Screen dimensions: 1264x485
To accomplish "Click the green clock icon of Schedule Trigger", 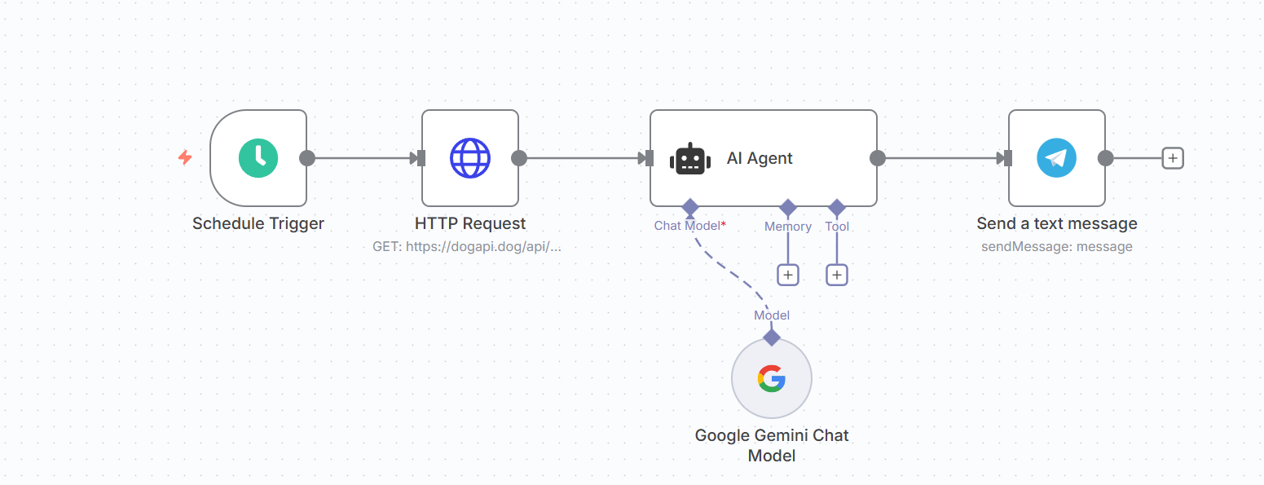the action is tap(258, 158).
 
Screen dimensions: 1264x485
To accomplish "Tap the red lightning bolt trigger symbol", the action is tap(185, 157).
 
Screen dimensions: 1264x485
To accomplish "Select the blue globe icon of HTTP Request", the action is tap(470, 158).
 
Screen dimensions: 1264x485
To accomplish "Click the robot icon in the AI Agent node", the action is tap(690, 159).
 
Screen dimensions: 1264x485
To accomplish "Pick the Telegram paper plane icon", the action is tap(1056, 158).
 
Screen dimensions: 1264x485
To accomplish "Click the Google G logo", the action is tap(772, 378).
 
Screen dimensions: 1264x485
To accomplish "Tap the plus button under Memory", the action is tap(788, 275).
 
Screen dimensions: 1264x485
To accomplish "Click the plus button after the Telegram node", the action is tap(1173, 158).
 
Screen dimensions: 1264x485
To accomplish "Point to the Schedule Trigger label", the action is tap(258, 223).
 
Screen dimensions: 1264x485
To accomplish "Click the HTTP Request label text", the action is tap(470, 223).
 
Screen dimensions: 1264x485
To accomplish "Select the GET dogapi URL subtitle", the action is tap(467, 247).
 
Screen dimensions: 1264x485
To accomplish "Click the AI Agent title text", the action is tap(760, 158).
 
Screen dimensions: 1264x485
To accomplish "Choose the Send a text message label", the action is tap(1057, 223).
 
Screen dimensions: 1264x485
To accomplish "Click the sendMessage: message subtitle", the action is tap(1057, 247).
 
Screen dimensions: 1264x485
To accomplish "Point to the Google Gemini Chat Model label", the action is tap(772, 446).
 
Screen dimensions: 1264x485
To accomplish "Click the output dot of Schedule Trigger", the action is tap(307, 158).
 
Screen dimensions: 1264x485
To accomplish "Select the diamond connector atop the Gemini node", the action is tap(772, 337).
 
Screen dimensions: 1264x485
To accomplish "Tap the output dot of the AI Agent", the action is tap(878, 158).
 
